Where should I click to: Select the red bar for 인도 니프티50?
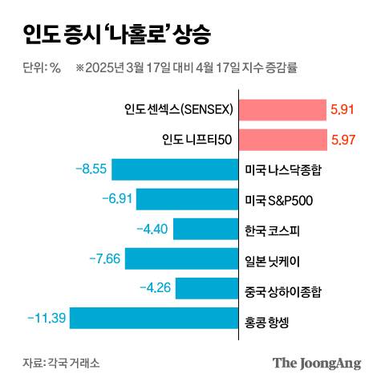click(x=282, y=140)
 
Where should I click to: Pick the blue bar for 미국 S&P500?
click(x=185, y=199)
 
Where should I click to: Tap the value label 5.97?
click(x=342, y=140)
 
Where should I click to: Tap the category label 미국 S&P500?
click(x=278, y=200)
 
